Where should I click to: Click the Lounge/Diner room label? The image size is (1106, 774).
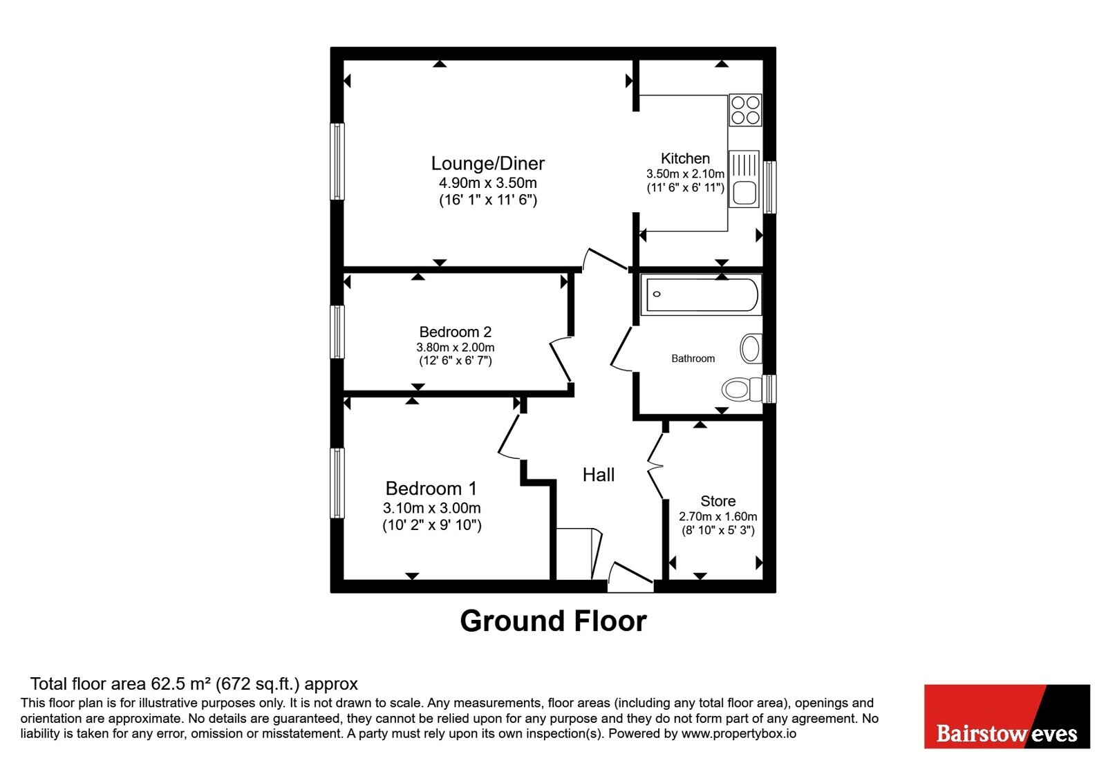(x=488, y=163)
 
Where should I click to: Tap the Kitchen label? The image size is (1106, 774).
(x=685, y=158)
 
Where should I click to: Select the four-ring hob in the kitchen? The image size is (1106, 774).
(x=745, y=110)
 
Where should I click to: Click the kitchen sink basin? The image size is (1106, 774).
(x=744, y=193)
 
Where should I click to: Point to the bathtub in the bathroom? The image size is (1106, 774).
(x=702, y=294)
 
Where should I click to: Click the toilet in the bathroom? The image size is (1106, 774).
(x=742, y=389)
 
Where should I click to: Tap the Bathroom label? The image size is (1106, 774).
(x=693, y=359)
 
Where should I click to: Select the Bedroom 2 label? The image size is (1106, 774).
(x=456, y=332)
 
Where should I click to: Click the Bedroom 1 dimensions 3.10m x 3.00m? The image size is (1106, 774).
(x=431, y=508)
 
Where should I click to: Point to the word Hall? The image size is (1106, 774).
(x=599, y=475)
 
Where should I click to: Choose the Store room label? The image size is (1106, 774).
(x=718, y=501)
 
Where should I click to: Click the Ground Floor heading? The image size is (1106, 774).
(x=553, y=621)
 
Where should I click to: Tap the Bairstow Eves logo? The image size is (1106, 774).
(x=1006, y=716)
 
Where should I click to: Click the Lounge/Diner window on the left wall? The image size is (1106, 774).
(x=337, y=162)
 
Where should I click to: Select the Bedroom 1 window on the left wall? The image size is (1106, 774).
(x=337, y=483)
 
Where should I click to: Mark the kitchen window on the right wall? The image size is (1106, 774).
(x=769, y=187)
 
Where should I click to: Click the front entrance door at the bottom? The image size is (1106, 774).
(x=631, y=578)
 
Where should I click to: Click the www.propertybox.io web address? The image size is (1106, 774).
(x=739, y=733)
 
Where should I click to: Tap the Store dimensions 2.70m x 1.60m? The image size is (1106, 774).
(x=718, y=517)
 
